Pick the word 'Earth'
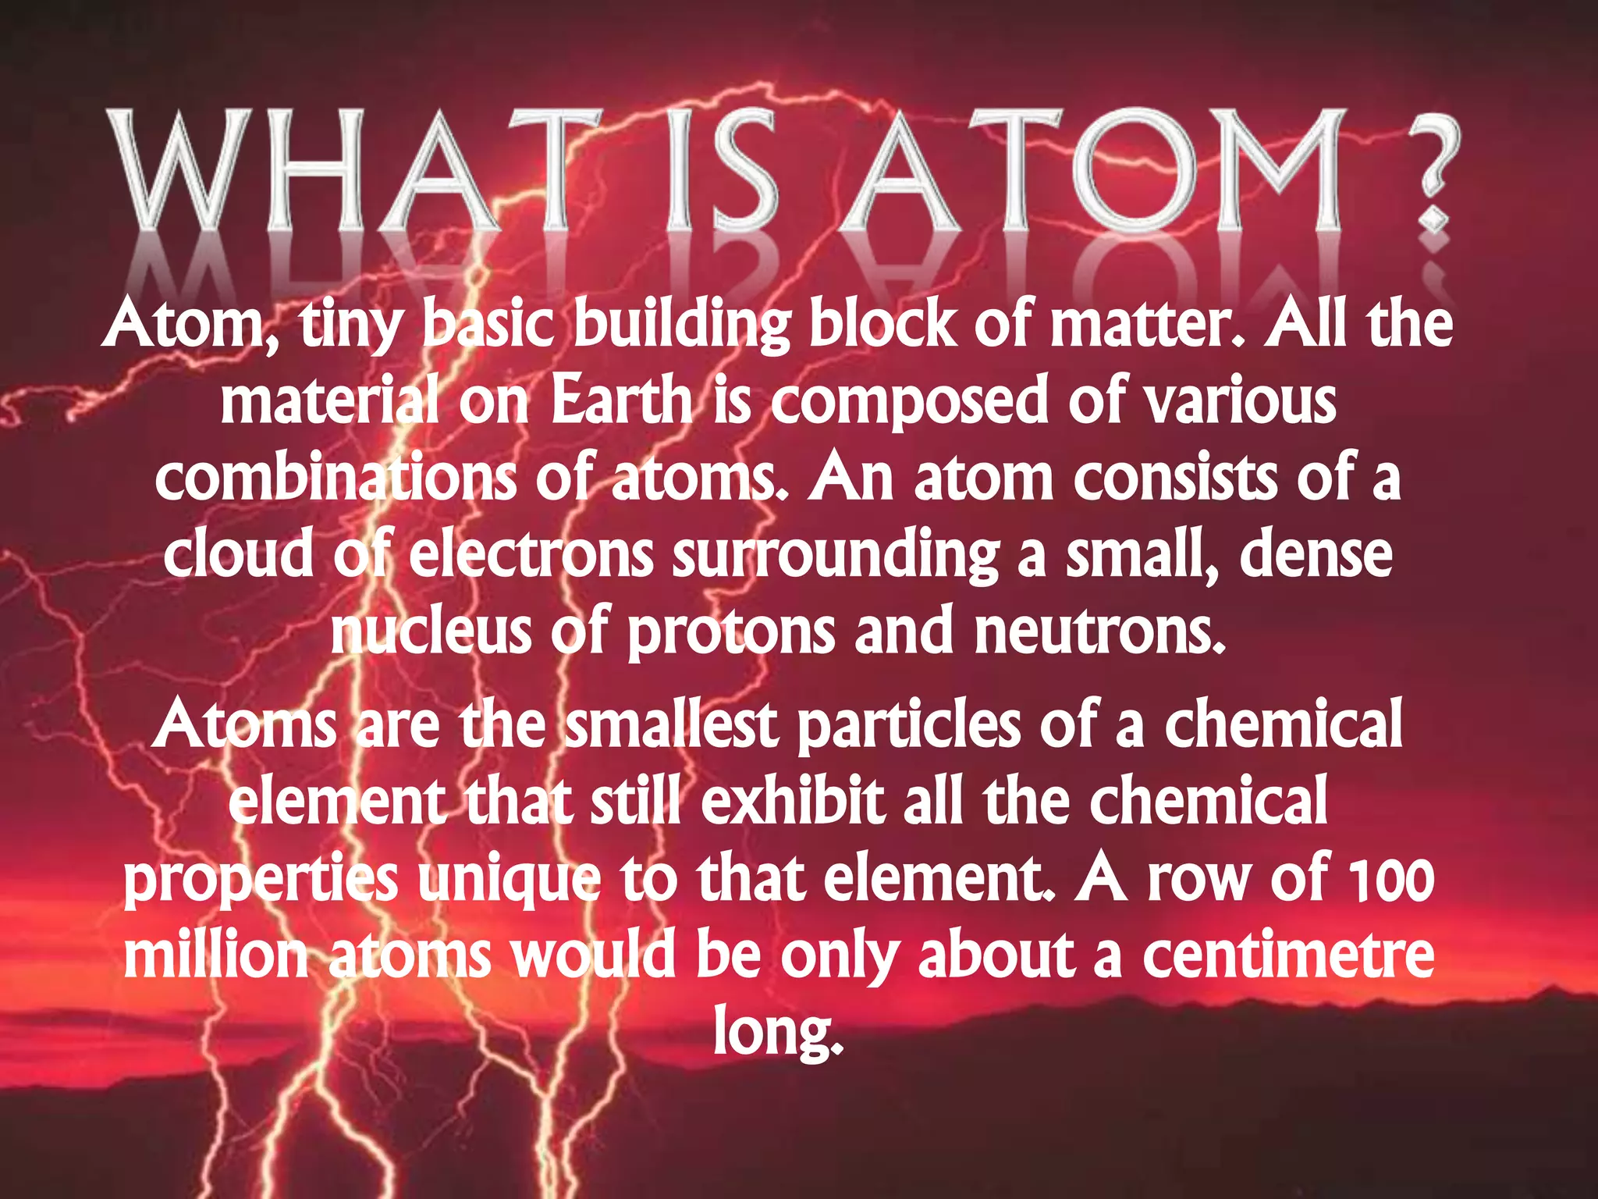click(621, 401)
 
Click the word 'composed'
click(910, 401)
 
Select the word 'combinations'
click(336, 478)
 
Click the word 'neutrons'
click(1100, 632)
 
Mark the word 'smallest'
click(671, 724)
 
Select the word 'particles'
click(908, 724)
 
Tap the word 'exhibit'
click(793, 801)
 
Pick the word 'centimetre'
click(1288, 955)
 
